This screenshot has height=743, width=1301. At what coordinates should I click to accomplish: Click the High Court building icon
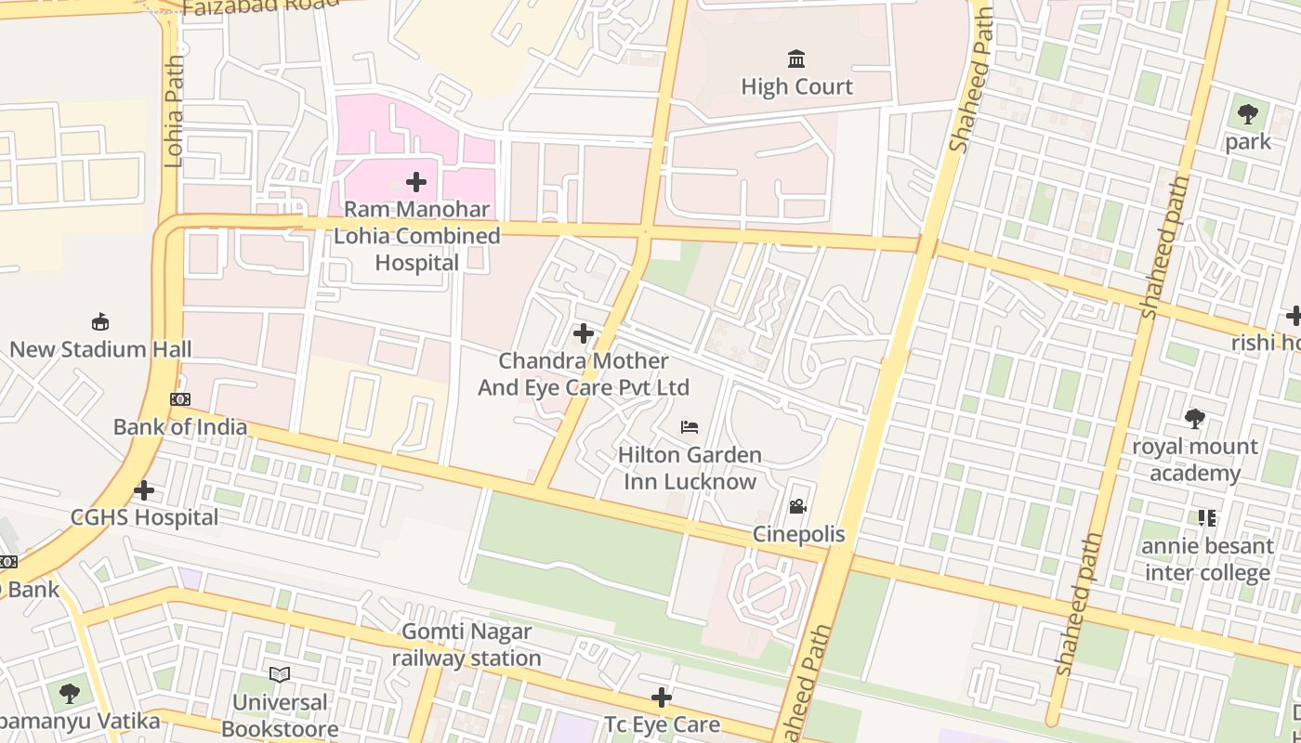[x=796, y=59]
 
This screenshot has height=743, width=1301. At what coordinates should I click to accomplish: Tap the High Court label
[x=796, y=86]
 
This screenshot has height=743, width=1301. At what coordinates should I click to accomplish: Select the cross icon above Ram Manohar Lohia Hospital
[x=416, y=182]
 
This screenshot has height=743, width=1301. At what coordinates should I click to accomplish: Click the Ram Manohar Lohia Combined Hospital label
[x=416, y=236]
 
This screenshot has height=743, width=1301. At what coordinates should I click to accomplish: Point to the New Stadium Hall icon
[x=100, y=322]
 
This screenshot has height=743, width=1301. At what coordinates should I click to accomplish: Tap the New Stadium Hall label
[x=100, y=349]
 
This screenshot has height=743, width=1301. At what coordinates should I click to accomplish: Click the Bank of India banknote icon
[x=180, y=399]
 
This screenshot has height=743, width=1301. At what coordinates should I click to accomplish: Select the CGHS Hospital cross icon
[x=144, y=489]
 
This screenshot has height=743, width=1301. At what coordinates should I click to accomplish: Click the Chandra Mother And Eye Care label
[x=584, y=373]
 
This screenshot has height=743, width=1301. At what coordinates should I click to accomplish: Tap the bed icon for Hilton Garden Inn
[x=690, y=427]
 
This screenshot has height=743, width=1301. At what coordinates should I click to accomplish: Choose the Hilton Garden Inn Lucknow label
[x=690, y=468]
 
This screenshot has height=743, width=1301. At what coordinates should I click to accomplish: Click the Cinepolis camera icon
[x=797, y=507]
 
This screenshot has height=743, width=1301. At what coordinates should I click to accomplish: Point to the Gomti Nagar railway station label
[x=467, y=645]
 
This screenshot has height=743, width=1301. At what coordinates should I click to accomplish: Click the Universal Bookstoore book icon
[x=280, y=674]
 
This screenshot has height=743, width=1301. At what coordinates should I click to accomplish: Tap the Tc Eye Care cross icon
[x=662, y=697]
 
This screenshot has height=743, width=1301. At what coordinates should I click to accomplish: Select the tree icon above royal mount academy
[x=1195, y=419]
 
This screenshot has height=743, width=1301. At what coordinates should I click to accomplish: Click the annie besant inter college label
[x=1207, y=559]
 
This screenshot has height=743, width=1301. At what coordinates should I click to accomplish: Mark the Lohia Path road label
[x=173, y=111]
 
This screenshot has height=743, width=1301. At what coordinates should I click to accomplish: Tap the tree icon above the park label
[x=1247, y=115]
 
